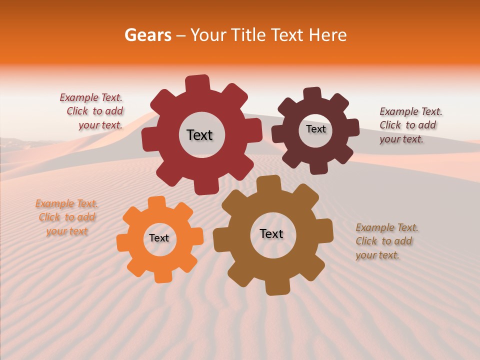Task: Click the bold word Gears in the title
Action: point(147,35)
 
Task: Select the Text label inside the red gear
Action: point(199,135)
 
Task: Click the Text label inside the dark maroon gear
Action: point(315,129)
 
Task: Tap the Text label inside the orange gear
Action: point(159,238)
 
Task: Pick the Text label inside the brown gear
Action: point(271,233)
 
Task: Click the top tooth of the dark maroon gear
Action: point(312,94)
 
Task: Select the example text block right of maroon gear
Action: point(410,125)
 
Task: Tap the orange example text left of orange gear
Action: point(66,217)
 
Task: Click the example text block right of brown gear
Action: point(386,241)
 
